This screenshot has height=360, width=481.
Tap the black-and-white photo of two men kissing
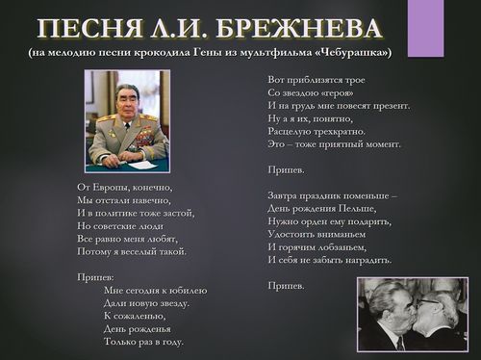(413, 315)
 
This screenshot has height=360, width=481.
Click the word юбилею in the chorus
(186, 289)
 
